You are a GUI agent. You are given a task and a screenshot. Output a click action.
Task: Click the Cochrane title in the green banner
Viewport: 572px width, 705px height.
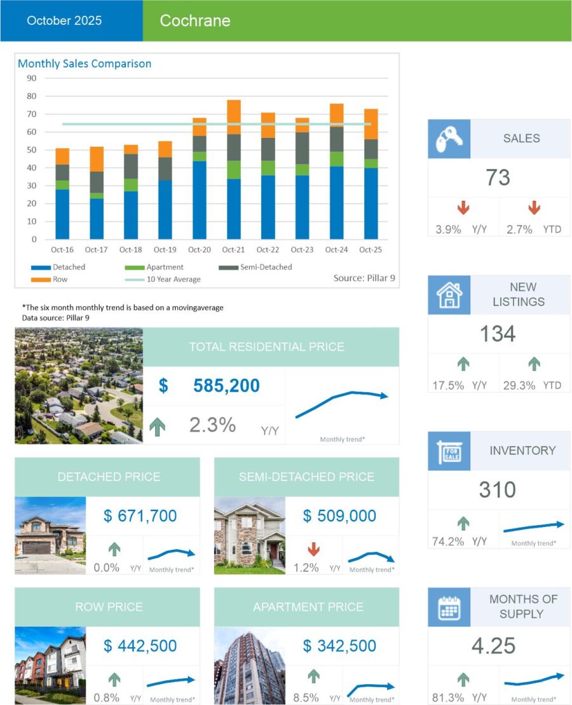click(x=194, y=21)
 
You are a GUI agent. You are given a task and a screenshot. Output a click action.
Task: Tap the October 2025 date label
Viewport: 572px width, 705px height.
click(x=64, y=21)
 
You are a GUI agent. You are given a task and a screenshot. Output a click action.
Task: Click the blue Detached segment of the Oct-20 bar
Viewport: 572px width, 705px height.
click(x=200, y=200)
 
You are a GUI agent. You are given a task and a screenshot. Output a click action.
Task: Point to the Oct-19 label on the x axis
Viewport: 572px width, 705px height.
click(x=165, y=250)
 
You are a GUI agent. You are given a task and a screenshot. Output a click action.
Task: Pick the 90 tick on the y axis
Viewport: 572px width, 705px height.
click(x=32, y=78)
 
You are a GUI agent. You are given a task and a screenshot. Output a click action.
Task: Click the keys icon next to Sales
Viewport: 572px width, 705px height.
click(x=449, y=139)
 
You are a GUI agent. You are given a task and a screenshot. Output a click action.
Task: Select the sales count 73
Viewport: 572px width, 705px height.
click(x=498, y=178)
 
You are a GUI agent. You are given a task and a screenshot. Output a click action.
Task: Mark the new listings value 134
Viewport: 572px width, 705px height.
click(x=498, y=334)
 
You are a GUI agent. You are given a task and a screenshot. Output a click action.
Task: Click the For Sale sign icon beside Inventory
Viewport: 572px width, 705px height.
click(x=449, y=451)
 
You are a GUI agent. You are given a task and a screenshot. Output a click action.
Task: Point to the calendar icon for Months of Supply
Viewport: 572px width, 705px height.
click(x=449, y=606)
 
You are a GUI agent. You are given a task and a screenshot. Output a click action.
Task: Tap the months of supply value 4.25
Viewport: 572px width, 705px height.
click(x=494, y=646)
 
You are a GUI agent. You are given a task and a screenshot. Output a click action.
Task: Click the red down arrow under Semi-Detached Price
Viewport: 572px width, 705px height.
click(x=314, y=549)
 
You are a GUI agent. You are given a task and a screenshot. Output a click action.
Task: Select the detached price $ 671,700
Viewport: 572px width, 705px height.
click(x=140, y=516)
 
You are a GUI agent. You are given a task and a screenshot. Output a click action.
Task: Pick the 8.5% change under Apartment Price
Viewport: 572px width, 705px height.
click(x=306, y=697)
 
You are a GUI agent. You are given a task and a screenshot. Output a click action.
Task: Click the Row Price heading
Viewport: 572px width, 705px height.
click(x=109, y=606)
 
